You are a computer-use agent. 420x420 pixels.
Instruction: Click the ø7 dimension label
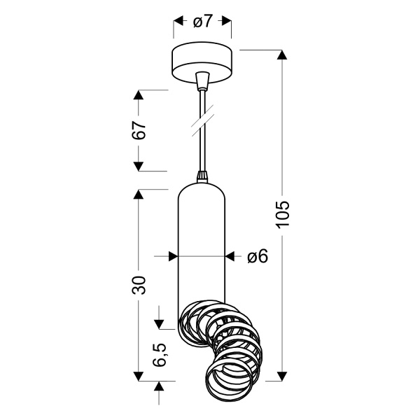[x=202, y=22]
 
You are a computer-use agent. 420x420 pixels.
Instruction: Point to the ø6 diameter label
[x=258, y=257]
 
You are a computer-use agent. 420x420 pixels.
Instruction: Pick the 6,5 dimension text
[x=160, y=356]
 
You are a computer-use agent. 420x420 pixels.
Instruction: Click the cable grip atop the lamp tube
[x=202, y=177]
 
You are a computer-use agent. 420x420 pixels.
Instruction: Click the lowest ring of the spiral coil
[x=231, y=381]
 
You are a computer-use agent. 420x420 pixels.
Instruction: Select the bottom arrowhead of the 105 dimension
[x=282, y=376]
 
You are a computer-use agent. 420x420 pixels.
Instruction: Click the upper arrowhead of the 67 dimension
[x=139, y=95]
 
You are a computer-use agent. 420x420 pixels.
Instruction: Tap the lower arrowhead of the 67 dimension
[x=139, y=166]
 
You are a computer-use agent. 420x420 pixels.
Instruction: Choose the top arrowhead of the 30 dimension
[x=139, y=195]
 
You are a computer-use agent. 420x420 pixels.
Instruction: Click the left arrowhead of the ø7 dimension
[x=178, y=22]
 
